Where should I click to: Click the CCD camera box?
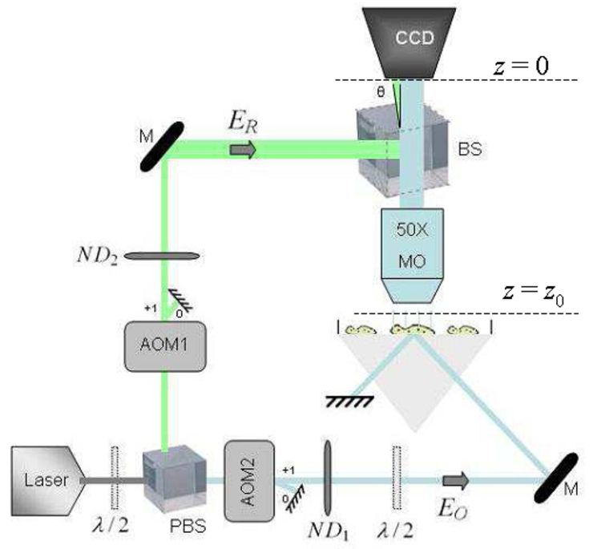pos(409,42)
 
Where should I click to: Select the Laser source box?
pos(47,481)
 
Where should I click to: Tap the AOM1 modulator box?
pos(165,345)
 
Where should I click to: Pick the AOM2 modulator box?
pos(249,481)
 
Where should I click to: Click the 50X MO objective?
pos(412,256)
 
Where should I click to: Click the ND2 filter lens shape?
pos(162,256)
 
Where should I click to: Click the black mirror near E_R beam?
pos(162,146)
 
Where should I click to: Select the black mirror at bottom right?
pos(556,478)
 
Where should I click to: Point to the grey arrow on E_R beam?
pos(243,150)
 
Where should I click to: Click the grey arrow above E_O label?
pos(456,481)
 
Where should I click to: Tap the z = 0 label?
pos(521,66)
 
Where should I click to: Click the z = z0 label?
pos(533,294)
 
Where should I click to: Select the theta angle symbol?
pos(381,92)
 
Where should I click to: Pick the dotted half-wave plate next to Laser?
pos(115,478)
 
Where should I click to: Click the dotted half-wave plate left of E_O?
pos(397,478)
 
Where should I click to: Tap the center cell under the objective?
pos(412,329)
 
